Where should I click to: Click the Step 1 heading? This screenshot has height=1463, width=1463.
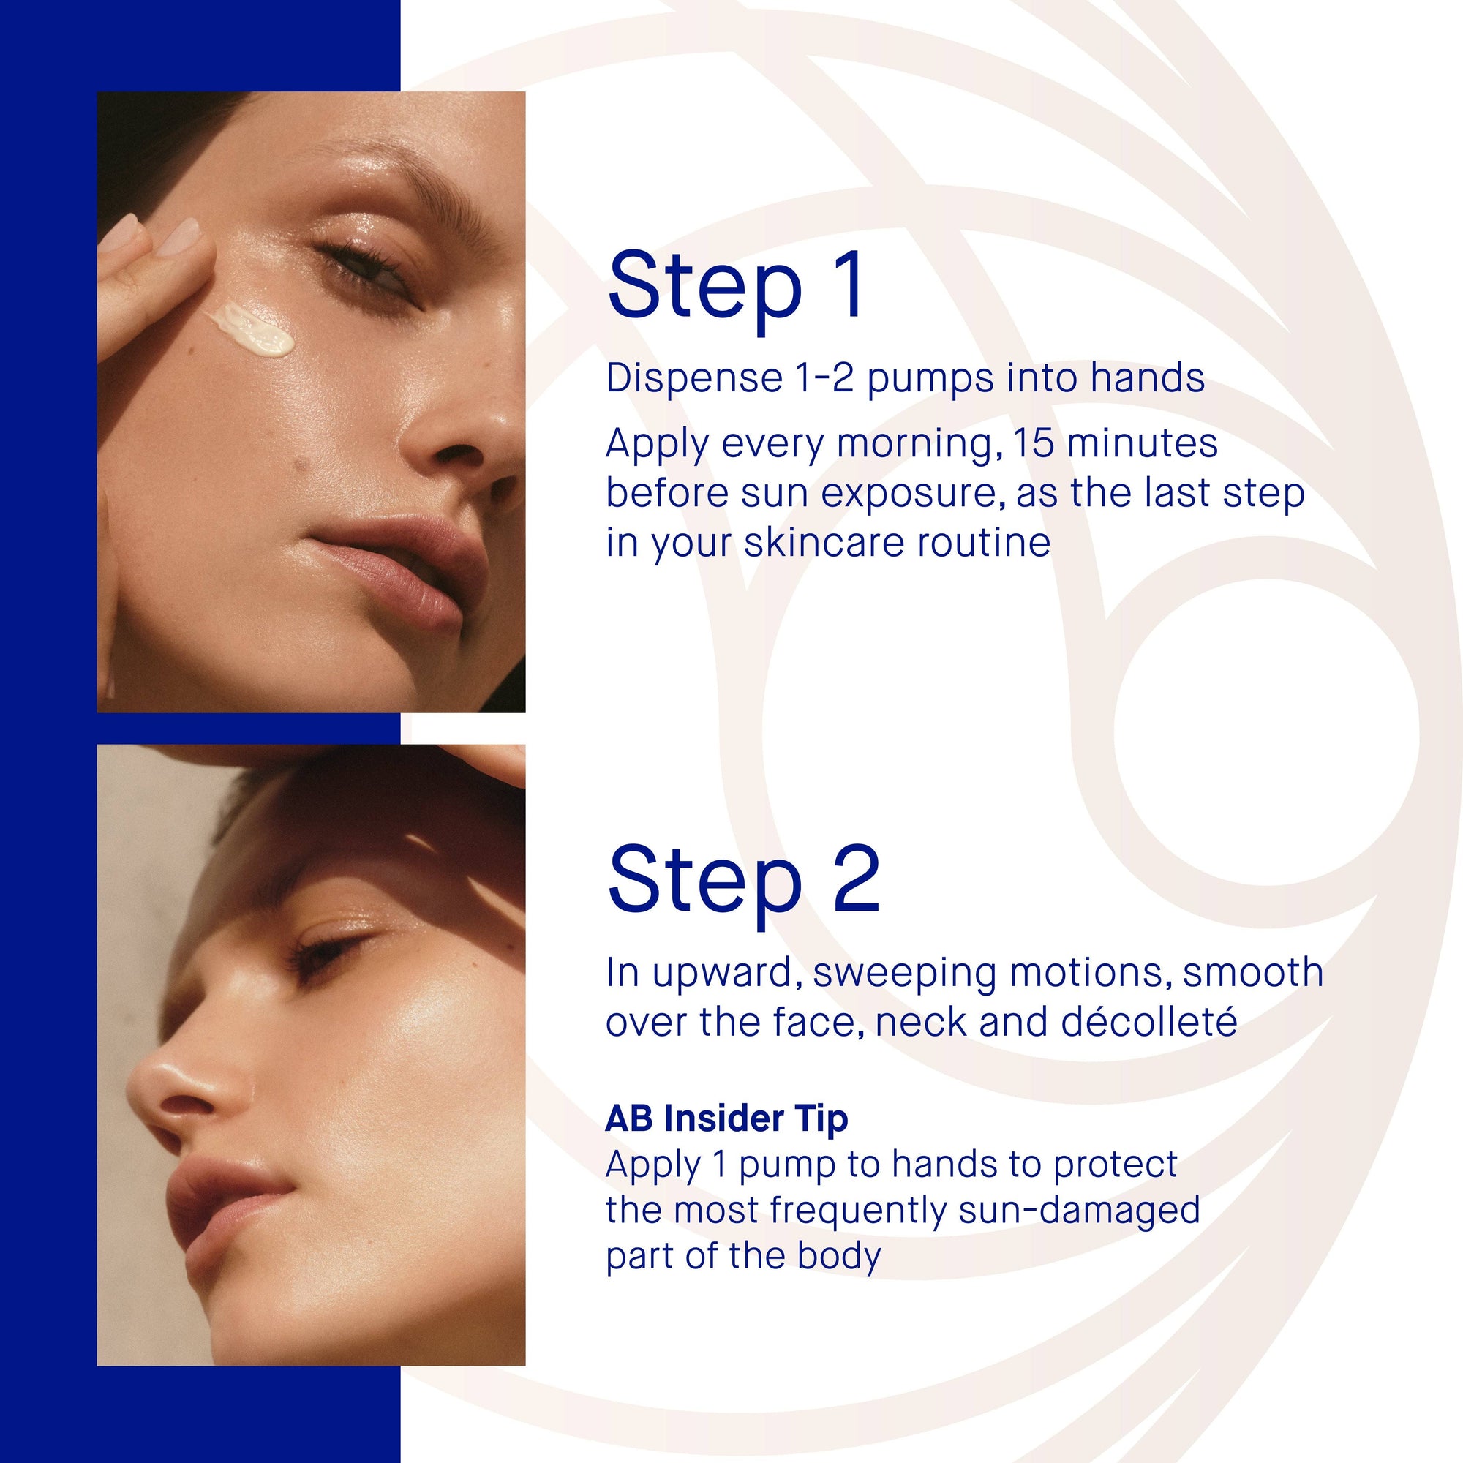734,287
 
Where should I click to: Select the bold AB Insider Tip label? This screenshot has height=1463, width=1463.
726,1118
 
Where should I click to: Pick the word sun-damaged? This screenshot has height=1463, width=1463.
1078,1209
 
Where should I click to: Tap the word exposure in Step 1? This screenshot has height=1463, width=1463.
909,493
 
